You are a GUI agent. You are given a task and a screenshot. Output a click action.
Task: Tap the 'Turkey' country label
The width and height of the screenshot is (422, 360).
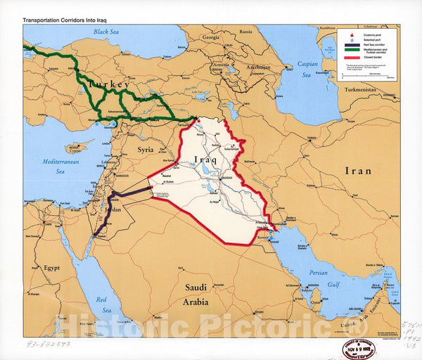[x=110, y=85]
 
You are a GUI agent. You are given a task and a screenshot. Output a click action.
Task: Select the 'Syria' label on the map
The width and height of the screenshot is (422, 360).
[x=145, y=150]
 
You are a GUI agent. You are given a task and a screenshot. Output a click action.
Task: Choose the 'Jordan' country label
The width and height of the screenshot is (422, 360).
[x=113, y=210]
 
